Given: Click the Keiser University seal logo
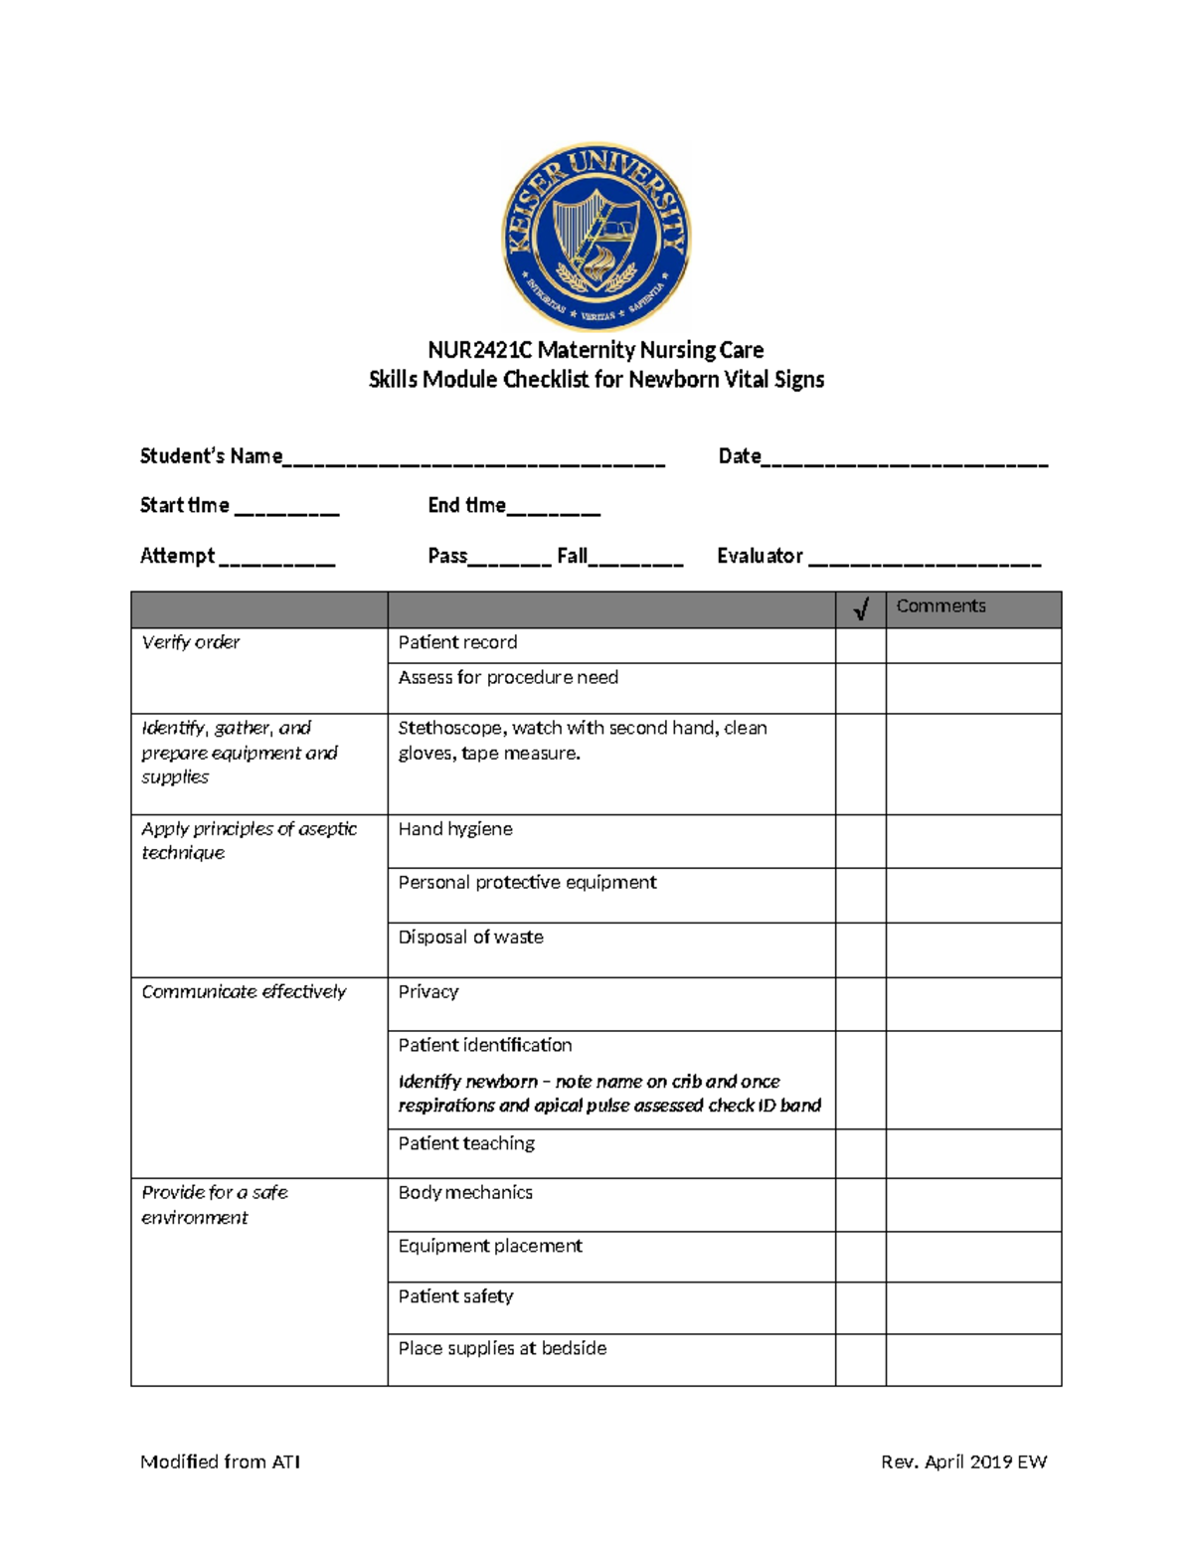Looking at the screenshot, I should click(596, 237).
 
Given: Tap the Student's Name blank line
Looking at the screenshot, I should click(474, 459).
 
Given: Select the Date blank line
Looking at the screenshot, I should click(905, 459).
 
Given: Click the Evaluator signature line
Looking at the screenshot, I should click(925, 559).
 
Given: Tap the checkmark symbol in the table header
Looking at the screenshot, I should click(861, 608).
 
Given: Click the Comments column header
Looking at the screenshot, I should click(940, 606).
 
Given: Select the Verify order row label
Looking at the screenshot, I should click(191, 642).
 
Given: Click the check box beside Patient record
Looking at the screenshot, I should click(860, 645).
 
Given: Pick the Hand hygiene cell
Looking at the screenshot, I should click(455, 829).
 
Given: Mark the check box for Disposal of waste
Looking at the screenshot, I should click(860, 949).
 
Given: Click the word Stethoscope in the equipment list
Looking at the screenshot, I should click(450, 728).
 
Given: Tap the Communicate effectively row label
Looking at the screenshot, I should click(244, 991).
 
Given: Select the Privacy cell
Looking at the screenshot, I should click(428, 991).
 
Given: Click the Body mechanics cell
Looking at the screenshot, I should click(465, 1192).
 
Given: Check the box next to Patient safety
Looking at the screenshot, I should click(860, 1307).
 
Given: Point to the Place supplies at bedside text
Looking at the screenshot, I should click(502, 1348).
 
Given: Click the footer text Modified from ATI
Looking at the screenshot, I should click(220, 1461).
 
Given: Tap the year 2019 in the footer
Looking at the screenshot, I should click(991, 1461).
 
